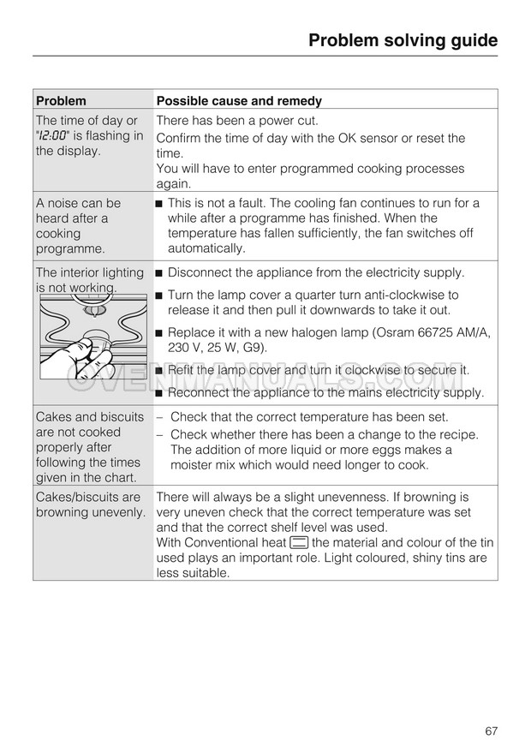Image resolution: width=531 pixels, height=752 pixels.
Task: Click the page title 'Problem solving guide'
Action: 402,40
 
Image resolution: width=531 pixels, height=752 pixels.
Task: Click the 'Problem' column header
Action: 61,100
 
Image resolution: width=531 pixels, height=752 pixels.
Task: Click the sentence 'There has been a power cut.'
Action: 236,121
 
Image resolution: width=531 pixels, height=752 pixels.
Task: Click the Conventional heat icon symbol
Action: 299,542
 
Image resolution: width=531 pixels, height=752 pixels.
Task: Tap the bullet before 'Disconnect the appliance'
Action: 159,273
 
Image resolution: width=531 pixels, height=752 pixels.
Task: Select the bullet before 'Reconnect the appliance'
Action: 159,393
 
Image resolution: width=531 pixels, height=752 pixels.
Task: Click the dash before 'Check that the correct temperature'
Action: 160,417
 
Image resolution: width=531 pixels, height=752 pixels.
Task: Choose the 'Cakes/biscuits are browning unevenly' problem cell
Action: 90,505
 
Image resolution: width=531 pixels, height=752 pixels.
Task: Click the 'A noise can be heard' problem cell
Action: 79,226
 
